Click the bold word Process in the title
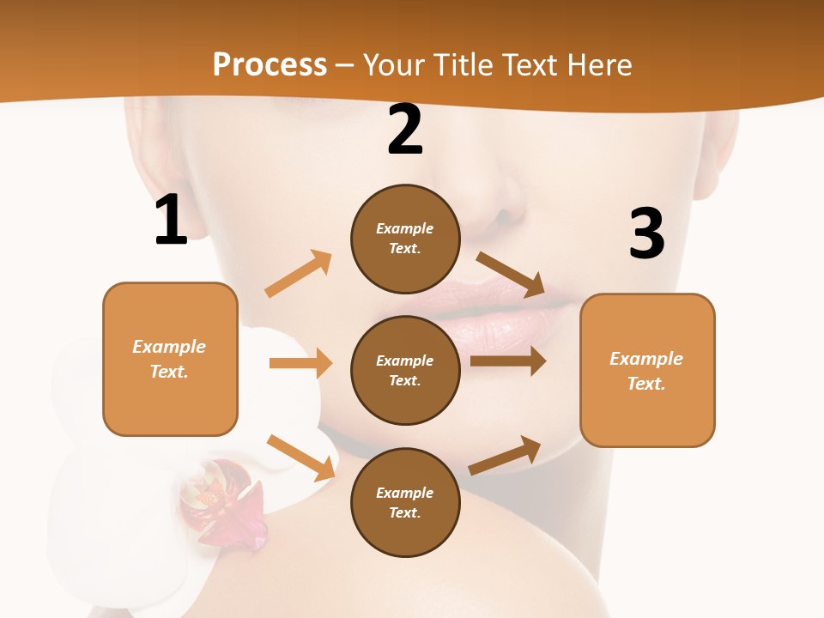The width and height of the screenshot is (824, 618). [270, 64]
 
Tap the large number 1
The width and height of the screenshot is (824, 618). [171, 221]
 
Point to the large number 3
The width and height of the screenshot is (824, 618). [646, 233]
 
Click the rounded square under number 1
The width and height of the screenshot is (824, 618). [170, 359]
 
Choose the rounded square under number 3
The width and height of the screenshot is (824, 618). [647, 370]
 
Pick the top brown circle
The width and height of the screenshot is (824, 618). [405, 238]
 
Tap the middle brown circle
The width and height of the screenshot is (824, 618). [405, 370]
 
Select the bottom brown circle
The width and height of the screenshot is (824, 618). [405, 502]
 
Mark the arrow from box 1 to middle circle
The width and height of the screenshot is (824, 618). [300, 363]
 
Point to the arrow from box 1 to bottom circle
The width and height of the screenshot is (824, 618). [301, 457]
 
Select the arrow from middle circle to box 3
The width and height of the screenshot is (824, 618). [508, 361]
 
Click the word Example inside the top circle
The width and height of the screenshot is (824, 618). [405, 228]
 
